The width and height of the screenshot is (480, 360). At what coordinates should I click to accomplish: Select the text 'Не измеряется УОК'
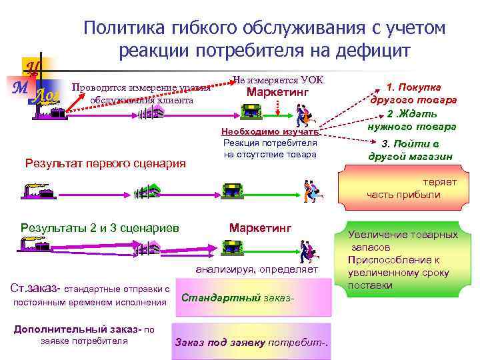(x=278, y=79)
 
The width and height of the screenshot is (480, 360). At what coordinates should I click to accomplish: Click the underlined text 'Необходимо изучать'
(x=270, y=132)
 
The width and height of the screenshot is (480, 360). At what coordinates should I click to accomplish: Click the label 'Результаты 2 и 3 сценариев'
(x=100, y=228)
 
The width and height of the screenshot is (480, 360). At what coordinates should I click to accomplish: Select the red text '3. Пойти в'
(x=410, y=143)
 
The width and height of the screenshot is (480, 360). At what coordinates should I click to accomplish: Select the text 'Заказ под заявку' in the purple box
(x=219, y=342)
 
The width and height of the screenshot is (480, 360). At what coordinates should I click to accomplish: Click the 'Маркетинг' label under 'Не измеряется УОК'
(x=278, y=91)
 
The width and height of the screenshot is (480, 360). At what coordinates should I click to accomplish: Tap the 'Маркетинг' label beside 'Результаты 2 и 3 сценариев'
(x=260, y=228)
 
